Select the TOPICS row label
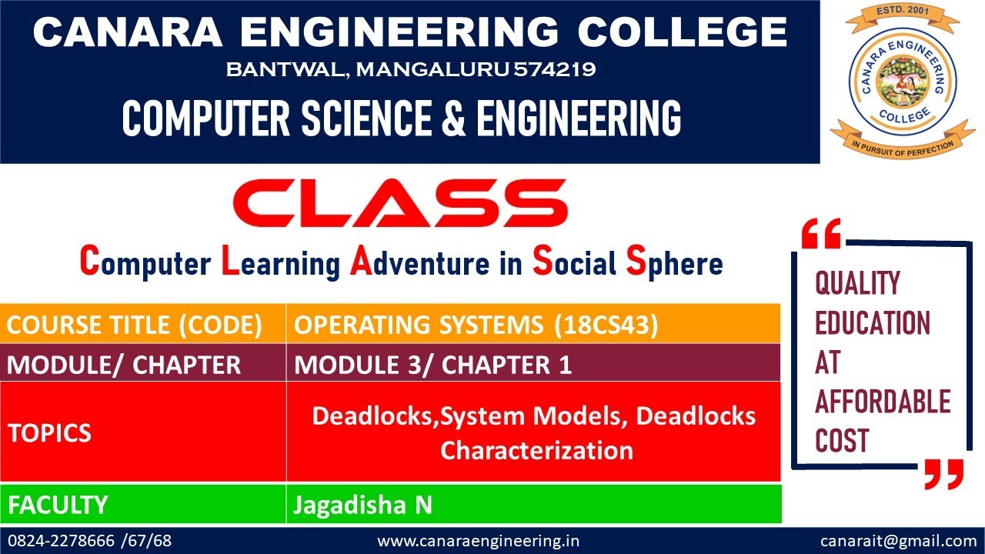pos(50,432)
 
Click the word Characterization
pos(536,449)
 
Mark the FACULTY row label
pos(58,505)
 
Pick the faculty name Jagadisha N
pos(362,505)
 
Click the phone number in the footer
pos(89,541)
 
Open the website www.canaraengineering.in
pos(479,541)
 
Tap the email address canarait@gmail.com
pos(898,541)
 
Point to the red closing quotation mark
pos(943,474)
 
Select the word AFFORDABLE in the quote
pos(883,402)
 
